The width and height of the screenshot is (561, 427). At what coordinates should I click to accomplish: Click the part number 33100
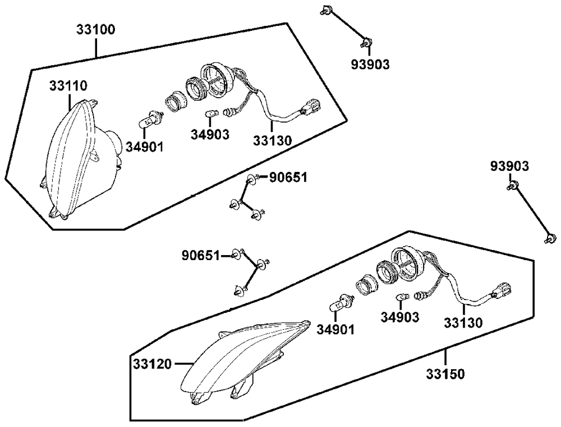pyautogui.click(x=96, y=29)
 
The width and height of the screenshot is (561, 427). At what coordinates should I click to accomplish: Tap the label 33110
pyautogui.click(x=68, y=86)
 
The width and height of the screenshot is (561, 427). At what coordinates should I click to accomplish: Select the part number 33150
pyautogui.click(x=445, y=374)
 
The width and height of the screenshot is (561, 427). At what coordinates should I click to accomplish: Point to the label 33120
pyautogui.click(x=152, y=364)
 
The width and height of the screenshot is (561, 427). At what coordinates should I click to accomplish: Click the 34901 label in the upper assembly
pyautogui.click(x=145, y=147)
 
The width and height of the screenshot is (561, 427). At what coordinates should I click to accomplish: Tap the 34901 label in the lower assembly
pyautogui.click(x=335, y=329)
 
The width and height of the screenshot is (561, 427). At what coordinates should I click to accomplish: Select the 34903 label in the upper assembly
pyautogui.click(x=210, y=134)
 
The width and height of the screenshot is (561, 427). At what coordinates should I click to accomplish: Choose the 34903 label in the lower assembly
pyautogui.click(x=400, y=318)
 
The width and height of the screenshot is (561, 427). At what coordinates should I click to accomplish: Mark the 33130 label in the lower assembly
pyautogui.click(x=463, y=323)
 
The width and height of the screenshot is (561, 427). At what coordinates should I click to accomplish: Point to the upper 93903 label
pyautogui.click(x=370, y=64)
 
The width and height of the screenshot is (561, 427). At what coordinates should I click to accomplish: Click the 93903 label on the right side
pyautogui.click(x=509, y=166)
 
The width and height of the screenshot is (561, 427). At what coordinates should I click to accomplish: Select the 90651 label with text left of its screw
pyautogui.click(x=200, y=256)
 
